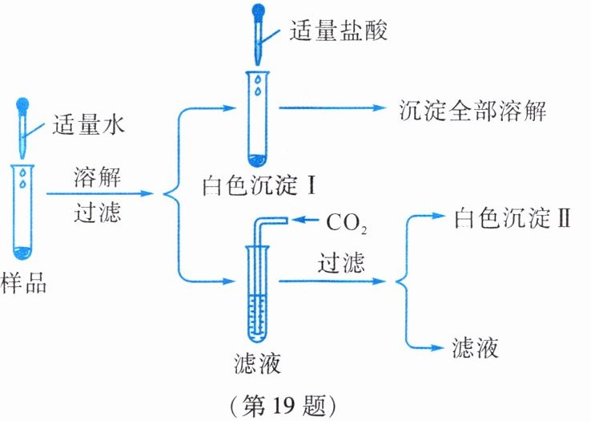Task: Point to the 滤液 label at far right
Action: click(x=473, y=347)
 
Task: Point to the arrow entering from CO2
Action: click(x=308, y=221)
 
